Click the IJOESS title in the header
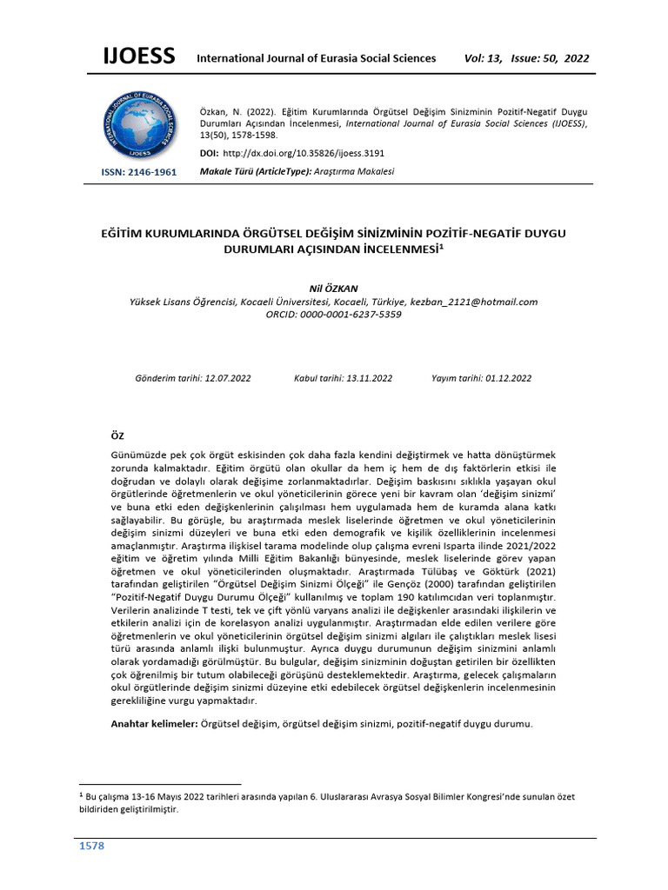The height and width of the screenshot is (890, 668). point(139,57)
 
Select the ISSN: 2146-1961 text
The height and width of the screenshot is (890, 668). point(139,172)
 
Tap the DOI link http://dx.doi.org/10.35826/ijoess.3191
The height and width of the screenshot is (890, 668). point(304,153)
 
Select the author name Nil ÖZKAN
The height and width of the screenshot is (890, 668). point(333,288)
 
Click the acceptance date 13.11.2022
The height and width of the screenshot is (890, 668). point(369,378)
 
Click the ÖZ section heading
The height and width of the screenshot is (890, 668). point(119,435)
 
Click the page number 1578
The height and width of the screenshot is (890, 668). point(93,846)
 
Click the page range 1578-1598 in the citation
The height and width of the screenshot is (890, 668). point(259,136)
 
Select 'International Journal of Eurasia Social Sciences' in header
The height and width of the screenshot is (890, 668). point(317,58)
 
